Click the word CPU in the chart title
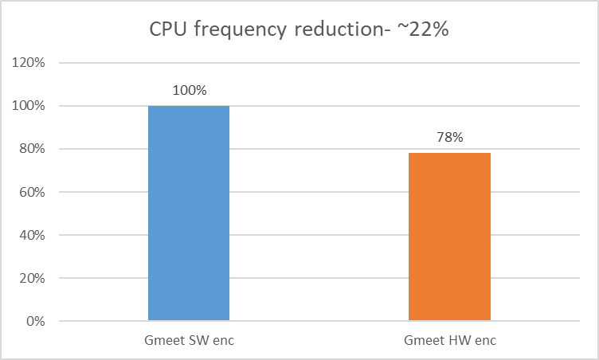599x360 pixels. [x=168, y=30]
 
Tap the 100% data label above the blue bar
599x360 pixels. [x=189, y=90]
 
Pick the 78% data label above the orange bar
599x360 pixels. [x=449, y=137]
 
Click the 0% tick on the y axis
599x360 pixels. [x=36, y=322]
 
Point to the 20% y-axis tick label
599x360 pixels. [x=33, y=279]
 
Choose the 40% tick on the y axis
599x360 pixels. [x=33, y=236]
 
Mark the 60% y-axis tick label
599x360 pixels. [x=33, y=192]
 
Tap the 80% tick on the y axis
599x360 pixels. [x=33, y=149]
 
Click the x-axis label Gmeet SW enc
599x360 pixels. [x=189, y=340]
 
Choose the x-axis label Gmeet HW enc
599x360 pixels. [x=449, y=340]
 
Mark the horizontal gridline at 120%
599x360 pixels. [x=319, y=63]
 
